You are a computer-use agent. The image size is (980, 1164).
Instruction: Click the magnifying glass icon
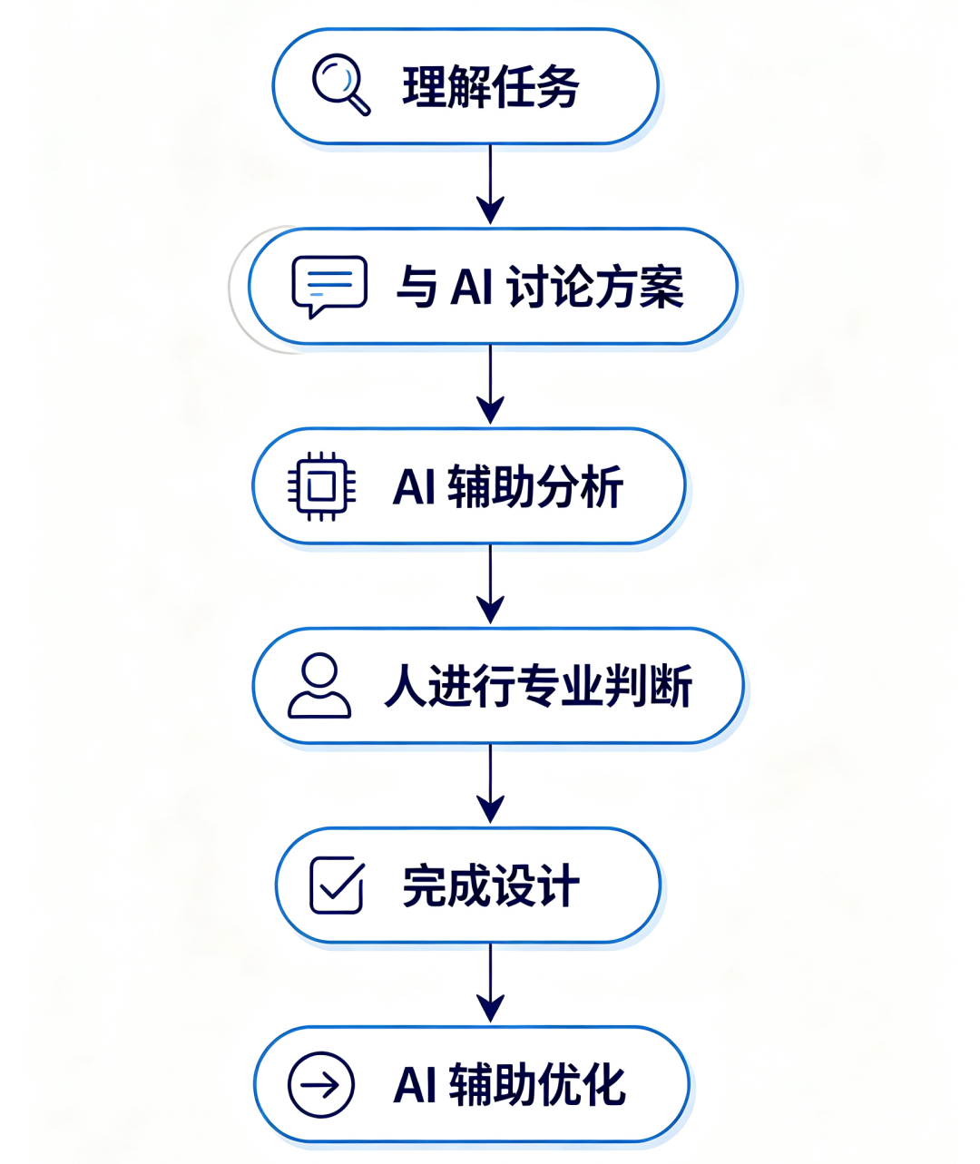click(x=340, y=84)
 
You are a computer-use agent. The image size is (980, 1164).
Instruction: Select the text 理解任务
click(x=490, y=86)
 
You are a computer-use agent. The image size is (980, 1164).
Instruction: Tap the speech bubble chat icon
click(x=329, y=287)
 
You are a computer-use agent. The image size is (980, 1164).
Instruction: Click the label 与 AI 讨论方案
click(x=539, y=287)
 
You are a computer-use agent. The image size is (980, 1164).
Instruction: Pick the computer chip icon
click(x=321, y=486)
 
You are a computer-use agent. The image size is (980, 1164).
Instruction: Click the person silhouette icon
click(x=319, y=685)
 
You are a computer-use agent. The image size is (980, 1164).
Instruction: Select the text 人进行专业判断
click(x=538, y=686)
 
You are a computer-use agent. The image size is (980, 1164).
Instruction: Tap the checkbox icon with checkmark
click(x=337, y=885)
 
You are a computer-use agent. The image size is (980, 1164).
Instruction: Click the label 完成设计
click(x=491, y=885)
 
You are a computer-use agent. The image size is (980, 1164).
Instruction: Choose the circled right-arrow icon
click(x=320, y=1085)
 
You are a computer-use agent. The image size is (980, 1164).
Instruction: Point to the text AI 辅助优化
click(x=509, y=1085)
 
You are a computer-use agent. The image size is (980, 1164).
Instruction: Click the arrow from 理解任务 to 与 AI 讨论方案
click(x=490, y=184)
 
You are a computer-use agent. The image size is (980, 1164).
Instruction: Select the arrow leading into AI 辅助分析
click(x=490, y=385)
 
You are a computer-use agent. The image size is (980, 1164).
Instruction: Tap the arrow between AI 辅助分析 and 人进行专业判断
click(x=490, y=584)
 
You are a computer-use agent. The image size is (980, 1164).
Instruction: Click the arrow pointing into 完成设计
click(x=490, y=784)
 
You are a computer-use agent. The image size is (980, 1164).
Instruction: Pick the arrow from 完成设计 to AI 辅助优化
click(x=490, y=983)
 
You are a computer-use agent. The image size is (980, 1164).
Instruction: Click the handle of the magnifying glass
click(x=359, y=105)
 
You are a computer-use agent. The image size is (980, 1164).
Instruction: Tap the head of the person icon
click(x=319, y=670)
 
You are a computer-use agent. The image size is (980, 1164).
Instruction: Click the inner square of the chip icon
click(x=321, y=486)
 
